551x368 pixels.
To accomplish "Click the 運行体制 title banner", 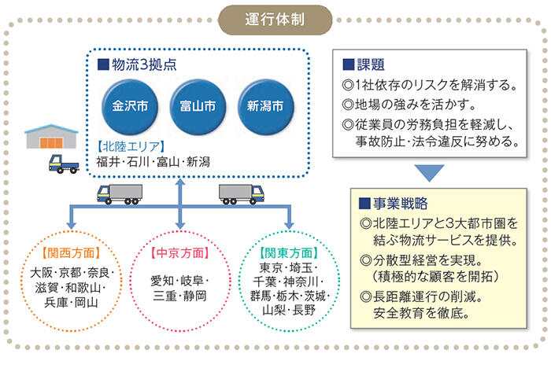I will (x=275, y=17).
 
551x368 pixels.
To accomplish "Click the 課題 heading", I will (x=367, y=63).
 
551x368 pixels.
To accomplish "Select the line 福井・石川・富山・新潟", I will (x=153, y=163).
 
